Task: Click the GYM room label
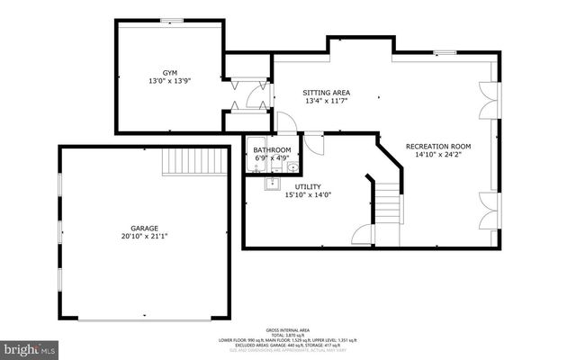(x=169, y=72)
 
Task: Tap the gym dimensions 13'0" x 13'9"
(x=169, y=81)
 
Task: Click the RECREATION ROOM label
(x=437, y=146)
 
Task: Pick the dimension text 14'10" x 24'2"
(x=437, y=155)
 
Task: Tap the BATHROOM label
(x=272, y=149)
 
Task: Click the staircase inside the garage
(x=184, y=163)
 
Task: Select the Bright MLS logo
(x=30, y=347)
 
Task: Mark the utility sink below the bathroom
(x=271, y=185)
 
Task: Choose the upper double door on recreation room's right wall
(x=487, y=98)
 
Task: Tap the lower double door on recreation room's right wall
(x=487, y=207)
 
